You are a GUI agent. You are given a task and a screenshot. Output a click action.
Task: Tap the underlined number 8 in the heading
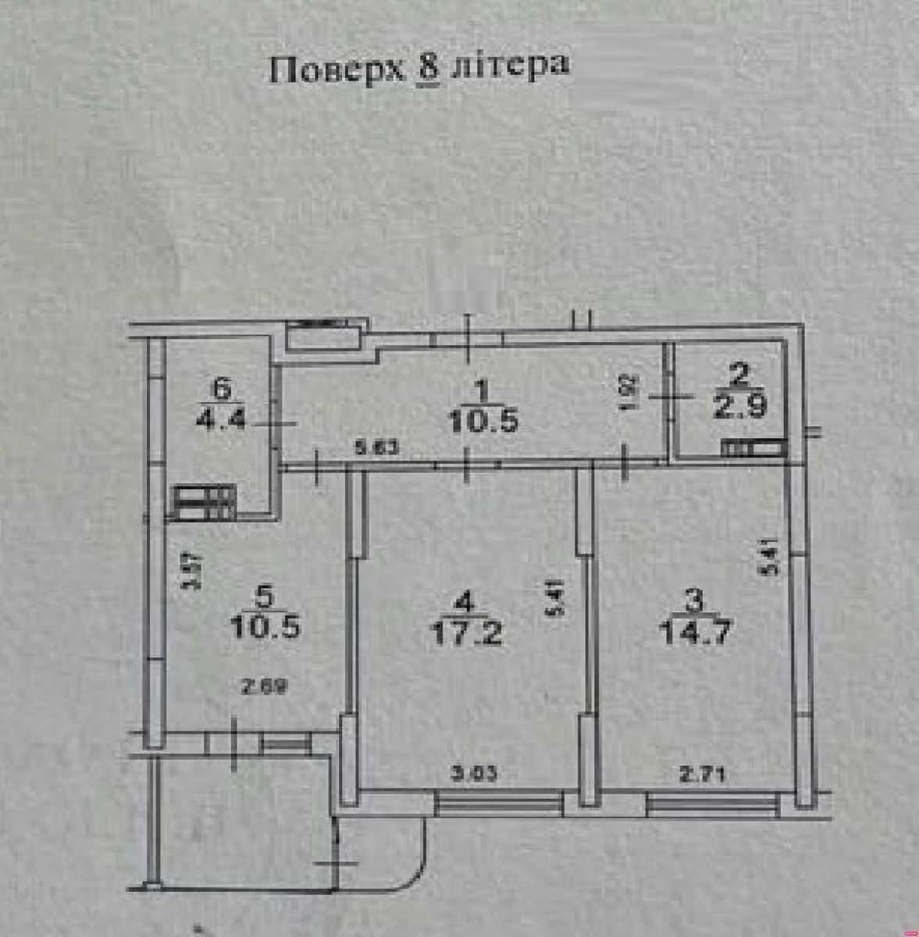(x=429, y=69)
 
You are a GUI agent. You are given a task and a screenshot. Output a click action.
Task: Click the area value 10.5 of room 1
(x=483, y=422)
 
